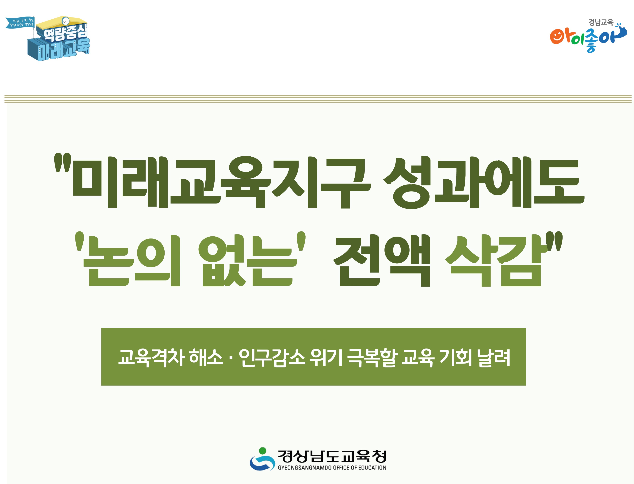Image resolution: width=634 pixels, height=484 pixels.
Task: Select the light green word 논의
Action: point(131,261)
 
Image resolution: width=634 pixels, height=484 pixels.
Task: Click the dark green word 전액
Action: point(382,261)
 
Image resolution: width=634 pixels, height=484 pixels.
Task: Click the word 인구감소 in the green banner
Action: point(272,358)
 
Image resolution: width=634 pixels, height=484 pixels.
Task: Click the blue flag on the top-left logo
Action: point(20,23)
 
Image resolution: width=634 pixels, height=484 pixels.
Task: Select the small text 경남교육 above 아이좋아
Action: point(601,22)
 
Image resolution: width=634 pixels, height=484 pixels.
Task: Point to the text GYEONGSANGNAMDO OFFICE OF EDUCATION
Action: point(332,468)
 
